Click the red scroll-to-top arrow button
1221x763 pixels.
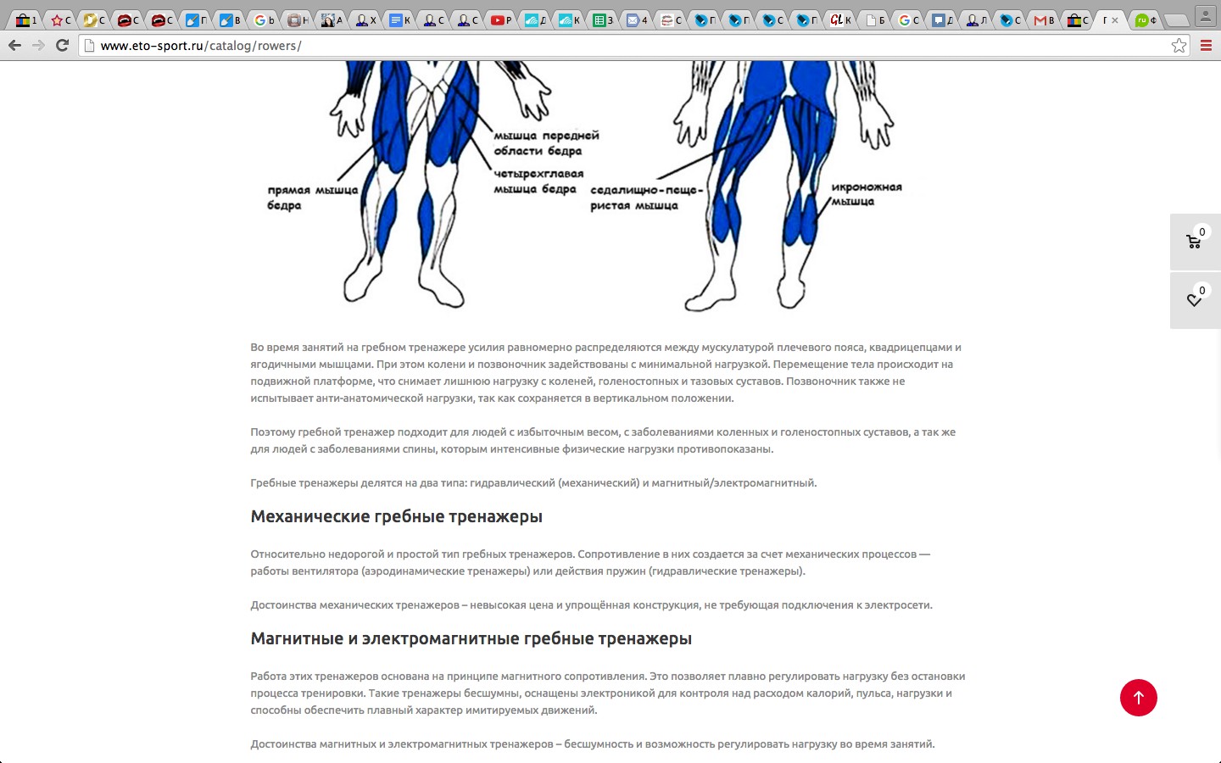tap(1138, 698)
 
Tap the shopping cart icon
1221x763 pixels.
tap(1194, 242)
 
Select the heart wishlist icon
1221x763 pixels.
tap(1194, 300)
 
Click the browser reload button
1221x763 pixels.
tap(62, 45)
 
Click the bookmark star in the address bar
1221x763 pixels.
tap(1179, 46)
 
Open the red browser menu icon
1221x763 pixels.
tap(1206, 46)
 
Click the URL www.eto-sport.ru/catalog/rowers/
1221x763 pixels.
tap(201, 46)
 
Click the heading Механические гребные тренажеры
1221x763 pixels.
tap(396, 517)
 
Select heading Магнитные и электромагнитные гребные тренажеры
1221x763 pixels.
tap(471, 639)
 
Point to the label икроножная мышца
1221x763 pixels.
tap(866, 194)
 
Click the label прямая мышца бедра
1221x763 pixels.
tap(312, 198)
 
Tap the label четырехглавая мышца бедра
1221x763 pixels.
tap(538, 181)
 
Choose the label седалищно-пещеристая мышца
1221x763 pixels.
tap(646, 198)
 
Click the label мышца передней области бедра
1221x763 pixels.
tap(546, 143)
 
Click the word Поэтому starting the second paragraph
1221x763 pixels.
tap(272, 432)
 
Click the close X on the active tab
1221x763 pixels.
tap(1115, 20)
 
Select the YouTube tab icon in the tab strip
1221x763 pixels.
tap(499, 20)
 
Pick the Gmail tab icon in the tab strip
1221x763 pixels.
tap(1040, 20)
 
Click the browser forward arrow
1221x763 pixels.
tap(38, 45)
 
